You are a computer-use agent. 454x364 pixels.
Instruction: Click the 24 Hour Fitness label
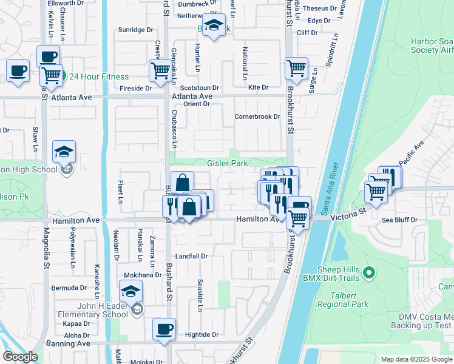pos(98,77)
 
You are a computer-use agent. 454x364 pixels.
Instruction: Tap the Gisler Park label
pos(227,164)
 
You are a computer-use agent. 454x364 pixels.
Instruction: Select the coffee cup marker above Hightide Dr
pos(164,329)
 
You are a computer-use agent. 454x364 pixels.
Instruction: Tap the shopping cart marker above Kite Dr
pos(296,69)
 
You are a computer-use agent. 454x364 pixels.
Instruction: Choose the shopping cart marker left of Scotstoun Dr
pos(160,70)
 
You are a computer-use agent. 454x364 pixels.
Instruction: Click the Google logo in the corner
pos(20,357)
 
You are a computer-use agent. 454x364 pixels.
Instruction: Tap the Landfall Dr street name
pos(191,256)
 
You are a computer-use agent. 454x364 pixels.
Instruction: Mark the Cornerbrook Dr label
pos(257,116)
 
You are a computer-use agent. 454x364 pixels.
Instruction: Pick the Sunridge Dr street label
pos(135,30)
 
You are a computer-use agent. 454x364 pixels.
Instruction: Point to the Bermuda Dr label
pos(69,288)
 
